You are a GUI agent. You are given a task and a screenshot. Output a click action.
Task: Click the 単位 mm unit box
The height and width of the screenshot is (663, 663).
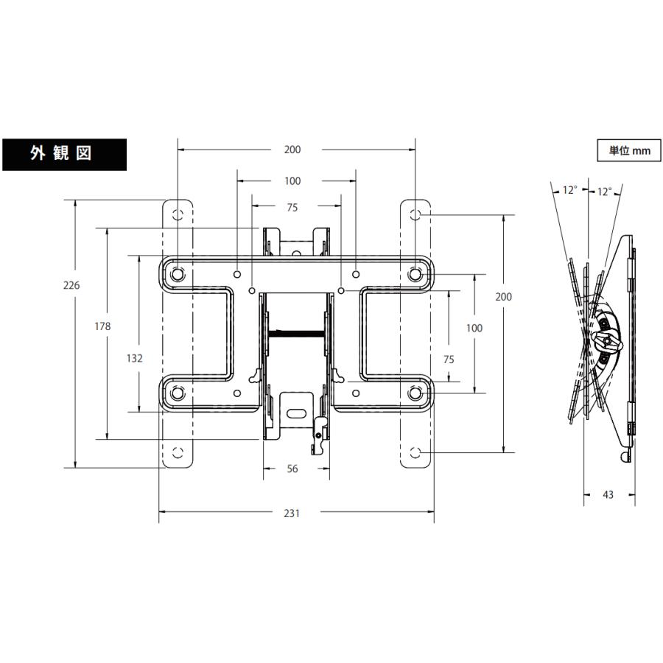point(628,150)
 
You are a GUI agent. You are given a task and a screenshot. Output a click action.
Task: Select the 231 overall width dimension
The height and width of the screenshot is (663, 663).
point(292,513)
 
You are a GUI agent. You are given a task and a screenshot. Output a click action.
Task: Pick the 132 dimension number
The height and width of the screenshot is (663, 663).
point(134,358)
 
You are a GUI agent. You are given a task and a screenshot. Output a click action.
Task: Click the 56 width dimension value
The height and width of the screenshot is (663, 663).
point(292,469)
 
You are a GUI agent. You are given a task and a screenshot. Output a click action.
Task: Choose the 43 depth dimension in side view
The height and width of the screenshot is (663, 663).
point(608,495)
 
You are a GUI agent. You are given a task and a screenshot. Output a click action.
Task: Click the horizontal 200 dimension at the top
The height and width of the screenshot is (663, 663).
point(292,150)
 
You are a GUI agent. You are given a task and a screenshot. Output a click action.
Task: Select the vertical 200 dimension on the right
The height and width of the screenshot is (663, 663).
point(503,296)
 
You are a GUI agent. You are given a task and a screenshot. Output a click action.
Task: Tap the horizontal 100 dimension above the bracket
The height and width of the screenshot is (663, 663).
point(292,180)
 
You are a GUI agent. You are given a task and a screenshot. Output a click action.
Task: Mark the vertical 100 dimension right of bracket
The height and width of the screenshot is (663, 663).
point(474,328)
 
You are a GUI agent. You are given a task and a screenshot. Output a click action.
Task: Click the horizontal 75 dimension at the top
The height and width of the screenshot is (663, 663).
point(292,208)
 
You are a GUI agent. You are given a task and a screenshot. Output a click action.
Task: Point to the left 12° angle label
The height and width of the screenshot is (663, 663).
point(569,190)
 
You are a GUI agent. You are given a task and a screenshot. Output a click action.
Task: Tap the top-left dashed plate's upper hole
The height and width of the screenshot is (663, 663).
point(177,214)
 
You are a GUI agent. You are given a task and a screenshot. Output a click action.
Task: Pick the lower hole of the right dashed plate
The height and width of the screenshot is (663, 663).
point(415,452)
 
